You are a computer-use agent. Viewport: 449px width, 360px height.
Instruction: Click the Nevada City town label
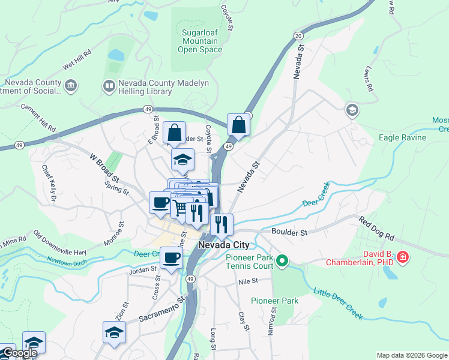coord(223,245)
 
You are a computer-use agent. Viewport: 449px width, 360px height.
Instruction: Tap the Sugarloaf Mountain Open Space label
coord(200,40)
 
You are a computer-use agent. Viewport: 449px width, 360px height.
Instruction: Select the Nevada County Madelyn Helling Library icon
coord(109,86)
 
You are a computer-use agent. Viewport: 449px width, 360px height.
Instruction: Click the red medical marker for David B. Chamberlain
coord(402,257)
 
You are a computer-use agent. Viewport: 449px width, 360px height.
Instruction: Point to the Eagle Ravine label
coord(402,137)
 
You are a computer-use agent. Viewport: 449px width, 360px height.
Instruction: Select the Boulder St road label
coord(289,232)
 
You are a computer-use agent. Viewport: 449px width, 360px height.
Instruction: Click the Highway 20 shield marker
coord(298,37)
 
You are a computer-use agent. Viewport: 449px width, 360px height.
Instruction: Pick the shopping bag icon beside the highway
coord(239,125)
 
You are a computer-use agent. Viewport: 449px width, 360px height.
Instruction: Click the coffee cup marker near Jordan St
coord(172,258)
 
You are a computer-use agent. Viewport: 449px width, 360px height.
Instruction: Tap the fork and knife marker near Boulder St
coord(221,225)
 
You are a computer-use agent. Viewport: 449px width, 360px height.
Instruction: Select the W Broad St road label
coord(104,167)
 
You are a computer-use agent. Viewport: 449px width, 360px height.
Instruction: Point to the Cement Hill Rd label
coord(38,118)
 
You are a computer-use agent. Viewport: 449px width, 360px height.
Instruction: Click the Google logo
coord(19,353)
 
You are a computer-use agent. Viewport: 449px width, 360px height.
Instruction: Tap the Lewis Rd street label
coord(368,80)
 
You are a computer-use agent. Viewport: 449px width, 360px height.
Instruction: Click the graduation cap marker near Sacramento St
coord(114,331)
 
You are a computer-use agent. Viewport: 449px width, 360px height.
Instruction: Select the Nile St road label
coord(247,280)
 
